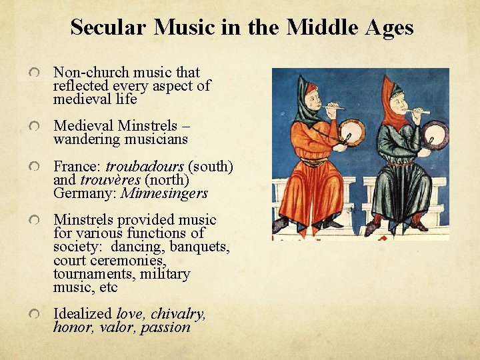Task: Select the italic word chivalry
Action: (x=178, y=313)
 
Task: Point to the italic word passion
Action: (x=165, y=327)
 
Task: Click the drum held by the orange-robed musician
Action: (x=352, y=131)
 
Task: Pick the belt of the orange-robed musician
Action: (x=315, y=161)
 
